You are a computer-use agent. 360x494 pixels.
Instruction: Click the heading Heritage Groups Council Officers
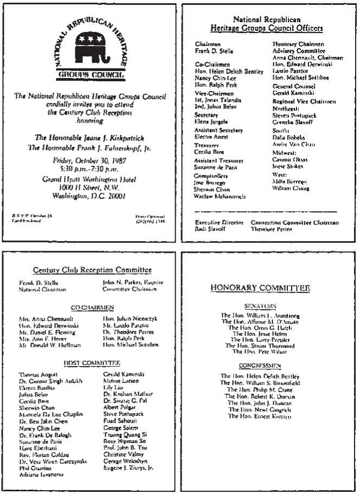pyautogui.click(x=266, y=28)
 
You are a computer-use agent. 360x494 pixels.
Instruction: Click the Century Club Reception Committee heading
pyautogui.click(x=92, y=270)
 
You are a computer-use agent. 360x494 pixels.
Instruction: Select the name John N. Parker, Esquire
pyautogui.click(x=133, y=282)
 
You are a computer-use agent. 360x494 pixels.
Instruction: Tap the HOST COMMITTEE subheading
pyautogui.click(x=92, y=363)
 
